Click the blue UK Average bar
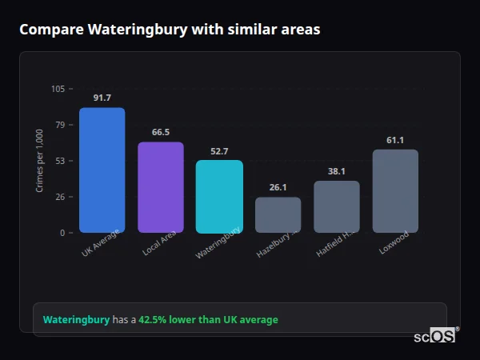point(102,170)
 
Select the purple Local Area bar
point(160,187)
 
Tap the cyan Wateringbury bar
point(219,196)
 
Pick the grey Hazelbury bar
point(278,214)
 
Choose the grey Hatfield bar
point(337,206)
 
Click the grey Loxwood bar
point(395,190)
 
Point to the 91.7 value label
point(102,98)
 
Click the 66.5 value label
point(160,132)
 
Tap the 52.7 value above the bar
point(219,150)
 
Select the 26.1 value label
point(278,187)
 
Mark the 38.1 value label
point(337,171)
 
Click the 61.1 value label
point(395,140)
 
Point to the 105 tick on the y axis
point(58,89)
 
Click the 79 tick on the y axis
point(60,125)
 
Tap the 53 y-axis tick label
point(60,161)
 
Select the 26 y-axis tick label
point(60,197)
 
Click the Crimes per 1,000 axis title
point(40,161)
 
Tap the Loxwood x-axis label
point(394,242)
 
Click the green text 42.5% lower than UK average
point(208,320)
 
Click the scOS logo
point(435,337)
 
